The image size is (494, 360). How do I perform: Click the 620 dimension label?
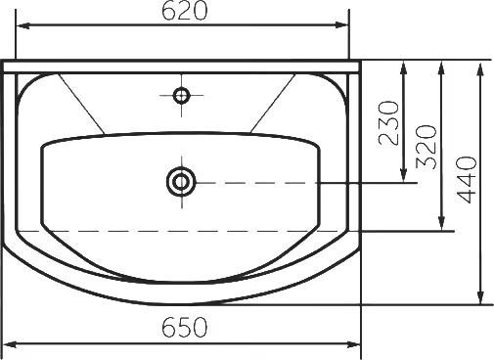pyautogui.click(x=184, y=11)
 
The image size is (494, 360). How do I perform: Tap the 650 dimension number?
pyautogui.click(x=185, y=327)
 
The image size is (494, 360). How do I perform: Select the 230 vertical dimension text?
pyautogui.click(x=388, y=123)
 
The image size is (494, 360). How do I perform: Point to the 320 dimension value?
pyautogui.click(x=427, y=147)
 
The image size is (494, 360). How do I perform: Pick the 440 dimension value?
pyautogui.click(x=467, y=180)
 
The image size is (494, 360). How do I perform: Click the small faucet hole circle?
pyautogui.click(x=181, y=96)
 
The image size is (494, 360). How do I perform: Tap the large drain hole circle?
pyautogui.click(x=181, y=182)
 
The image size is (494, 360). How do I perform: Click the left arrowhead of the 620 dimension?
pyautogui.click(x=22, y=25)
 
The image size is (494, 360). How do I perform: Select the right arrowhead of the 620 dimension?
pyautogui.click(x=341, y=25)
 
